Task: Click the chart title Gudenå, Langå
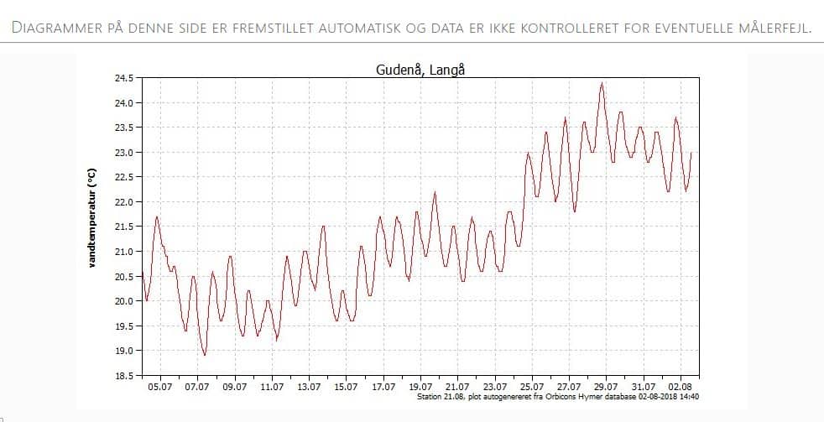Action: click(x=420, y=70)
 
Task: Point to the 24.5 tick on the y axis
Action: click(x=123, y=78)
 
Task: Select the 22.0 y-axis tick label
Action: click(x=123, y=202)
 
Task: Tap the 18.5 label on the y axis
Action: click(x=123, y=376)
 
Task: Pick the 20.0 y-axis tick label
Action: click(x=123, y=301)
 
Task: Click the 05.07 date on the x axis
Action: click(x=160, y=387)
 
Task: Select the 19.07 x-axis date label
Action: click(x=420, y=387)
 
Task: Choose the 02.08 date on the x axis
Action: click(x=681, y=387)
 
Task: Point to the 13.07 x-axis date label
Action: click(x=309, y=387)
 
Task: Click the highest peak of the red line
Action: click(x=602, y=83)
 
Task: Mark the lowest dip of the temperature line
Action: click(x=204, y=355)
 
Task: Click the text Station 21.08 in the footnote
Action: click(x=438, y=397)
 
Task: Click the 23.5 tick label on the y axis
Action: click(x=123, y=128)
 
